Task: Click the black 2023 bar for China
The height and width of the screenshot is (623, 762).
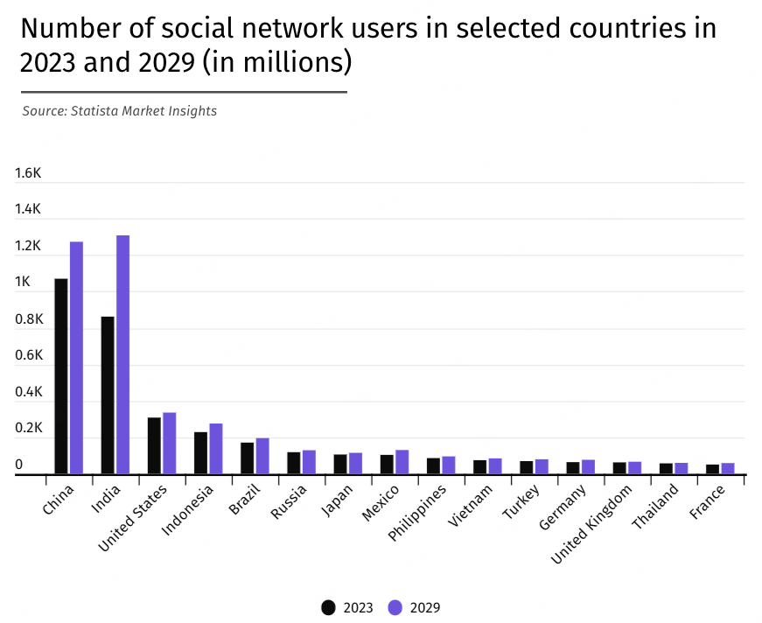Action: (61, 376)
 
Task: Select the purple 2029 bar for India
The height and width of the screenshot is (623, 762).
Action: (122, 354)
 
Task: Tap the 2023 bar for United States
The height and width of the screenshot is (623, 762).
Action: (154, 446)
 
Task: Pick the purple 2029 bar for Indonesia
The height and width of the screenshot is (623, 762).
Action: (215, 449)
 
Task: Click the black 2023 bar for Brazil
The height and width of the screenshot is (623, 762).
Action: (248, 458)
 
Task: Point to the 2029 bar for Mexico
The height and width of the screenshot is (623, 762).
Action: (402, 462)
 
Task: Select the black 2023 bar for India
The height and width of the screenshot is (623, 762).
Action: (108, 395)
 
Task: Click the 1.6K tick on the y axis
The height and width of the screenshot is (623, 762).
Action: (28, 173)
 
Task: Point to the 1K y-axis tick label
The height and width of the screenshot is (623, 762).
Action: (23, 283)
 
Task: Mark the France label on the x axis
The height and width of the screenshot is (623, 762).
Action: (707, 502)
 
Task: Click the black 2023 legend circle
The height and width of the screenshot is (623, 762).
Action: (329, 607)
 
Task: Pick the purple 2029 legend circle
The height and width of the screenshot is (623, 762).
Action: (395, 607)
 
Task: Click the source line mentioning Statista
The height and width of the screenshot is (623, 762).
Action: (119, 111)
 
